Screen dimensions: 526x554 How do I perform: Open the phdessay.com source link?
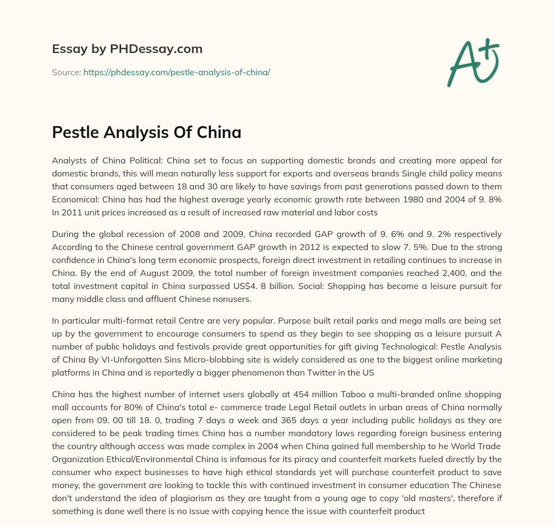(176, 72)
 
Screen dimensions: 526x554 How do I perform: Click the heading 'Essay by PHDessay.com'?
(127, 49)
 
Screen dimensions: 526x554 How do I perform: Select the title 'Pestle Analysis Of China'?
(147, 133)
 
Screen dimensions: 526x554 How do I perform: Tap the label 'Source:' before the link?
(67, 72)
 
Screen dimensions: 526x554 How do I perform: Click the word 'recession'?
(141, 234)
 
